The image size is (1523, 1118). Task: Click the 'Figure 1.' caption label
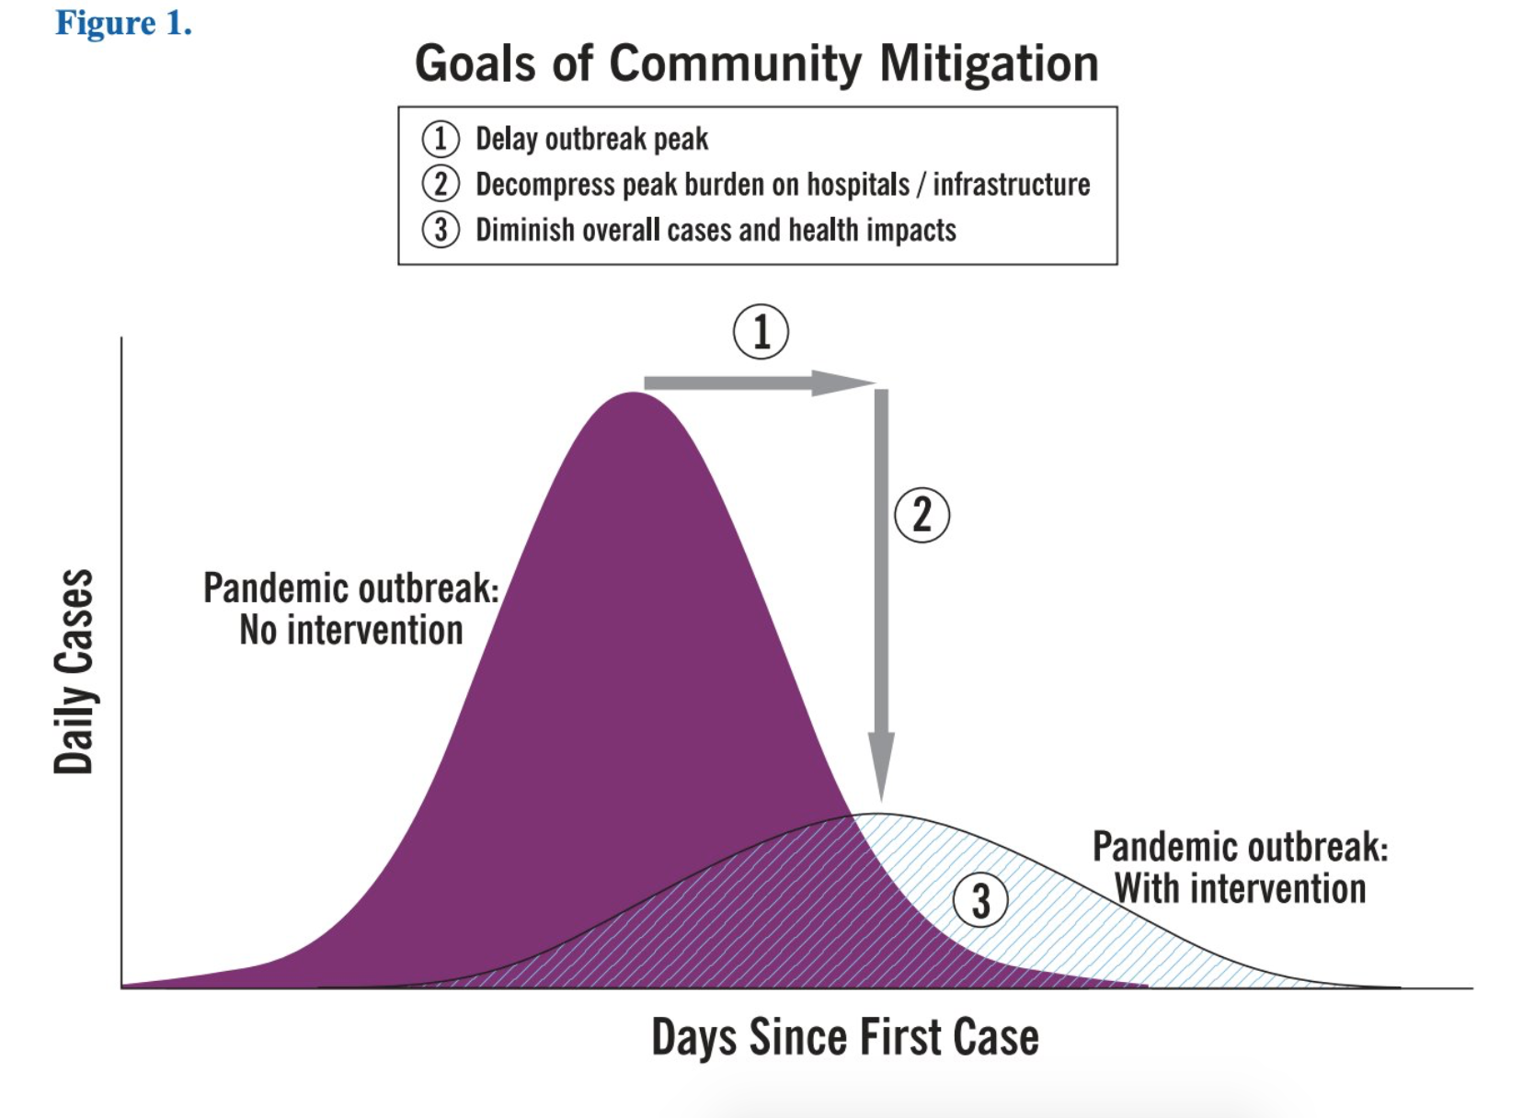tap(123, 23)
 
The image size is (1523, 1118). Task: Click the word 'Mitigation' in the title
tap(989, 64)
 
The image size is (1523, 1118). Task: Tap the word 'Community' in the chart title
tap(735, 64)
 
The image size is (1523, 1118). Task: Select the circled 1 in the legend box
tap(441, 139)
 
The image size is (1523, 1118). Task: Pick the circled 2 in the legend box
tap(441, 184)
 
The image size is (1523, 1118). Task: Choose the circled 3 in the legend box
tap(441, 230)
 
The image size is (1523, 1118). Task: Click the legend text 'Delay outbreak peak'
tap(591, 139)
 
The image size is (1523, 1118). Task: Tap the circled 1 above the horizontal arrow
tap(761, 332)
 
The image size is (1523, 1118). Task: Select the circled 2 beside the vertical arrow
tap(922, 515)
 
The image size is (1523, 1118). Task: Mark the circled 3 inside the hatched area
tap(980, 900)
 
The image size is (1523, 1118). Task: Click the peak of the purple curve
tap(633, 395)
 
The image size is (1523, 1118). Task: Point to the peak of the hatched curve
tap(879, 816)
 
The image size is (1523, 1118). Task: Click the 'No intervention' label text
tap(350, 631)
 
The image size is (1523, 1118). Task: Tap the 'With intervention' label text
tap(1240, 889)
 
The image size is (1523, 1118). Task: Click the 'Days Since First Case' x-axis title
tap(845, 1037)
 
